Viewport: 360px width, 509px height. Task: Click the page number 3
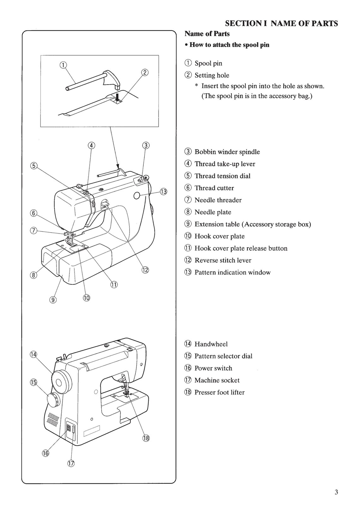click(x=336, y=492)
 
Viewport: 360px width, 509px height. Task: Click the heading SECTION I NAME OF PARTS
click(x=281, y=23)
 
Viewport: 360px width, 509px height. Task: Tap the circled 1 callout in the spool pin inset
click(x=63, y=65)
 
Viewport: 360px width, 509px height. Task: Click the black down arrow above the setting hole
click(x=117, y=97)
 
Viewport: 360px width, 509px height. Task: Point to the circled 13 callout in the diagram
click(x=163, y=192)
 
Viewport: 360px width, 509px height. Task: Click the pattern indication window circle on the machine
click(x=137, y=196)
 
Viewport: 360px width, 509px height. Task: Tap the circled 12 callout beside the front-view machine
click(x=145, y=270)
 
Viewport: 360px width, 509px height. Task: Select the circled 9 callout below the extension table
click(x=53, y=300)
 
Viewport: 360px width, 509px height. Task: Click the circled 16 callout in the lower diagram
click(x=45, y=453)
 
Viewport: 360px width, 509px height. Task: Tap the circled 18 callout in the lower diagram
click(x=146, y=438)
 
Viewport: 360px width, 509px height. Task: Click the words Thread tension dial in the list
click(x=222, y=176)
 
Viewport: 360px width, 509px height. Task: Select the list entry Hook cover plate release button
click(x=241, y=248)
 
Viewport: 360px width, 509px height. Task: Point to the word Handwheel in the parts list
click(x=211, y=344)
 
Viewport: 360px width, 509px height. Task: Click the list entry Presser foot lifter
click(x=219, y=392)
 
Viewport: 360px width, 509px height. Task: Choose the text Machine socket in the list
click(x=217, y=380)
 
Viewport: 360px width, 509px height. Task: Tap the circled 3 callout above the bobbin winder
click(x=146, y=145)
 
